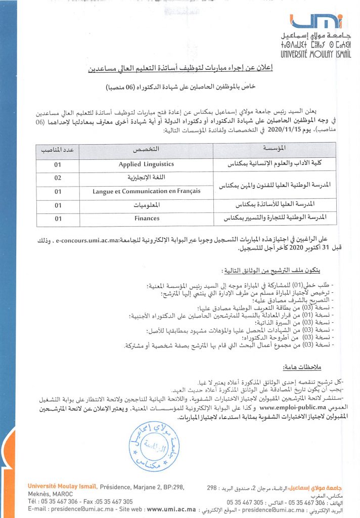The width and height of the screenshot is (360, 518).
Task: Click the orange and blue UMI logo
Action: point(317,21)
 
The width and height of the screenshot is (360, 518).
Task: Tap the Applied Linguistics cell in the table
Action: point(146,164)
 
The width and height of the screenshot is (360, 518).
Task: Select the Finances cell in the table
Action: point(147,218)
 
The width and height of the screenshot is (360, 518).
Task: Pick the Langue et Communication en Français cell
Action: point(146,191)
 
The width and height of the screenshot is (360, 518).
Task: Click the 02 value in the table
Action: point(58,178)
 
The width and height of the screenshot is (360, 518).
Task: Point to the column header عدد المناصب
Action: point(58,151)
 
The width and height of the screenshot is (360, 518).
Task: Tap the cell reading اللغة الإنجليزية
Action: point(146,178)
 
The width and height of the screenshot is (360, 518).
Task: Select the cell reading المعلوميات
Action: point(146,205)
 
